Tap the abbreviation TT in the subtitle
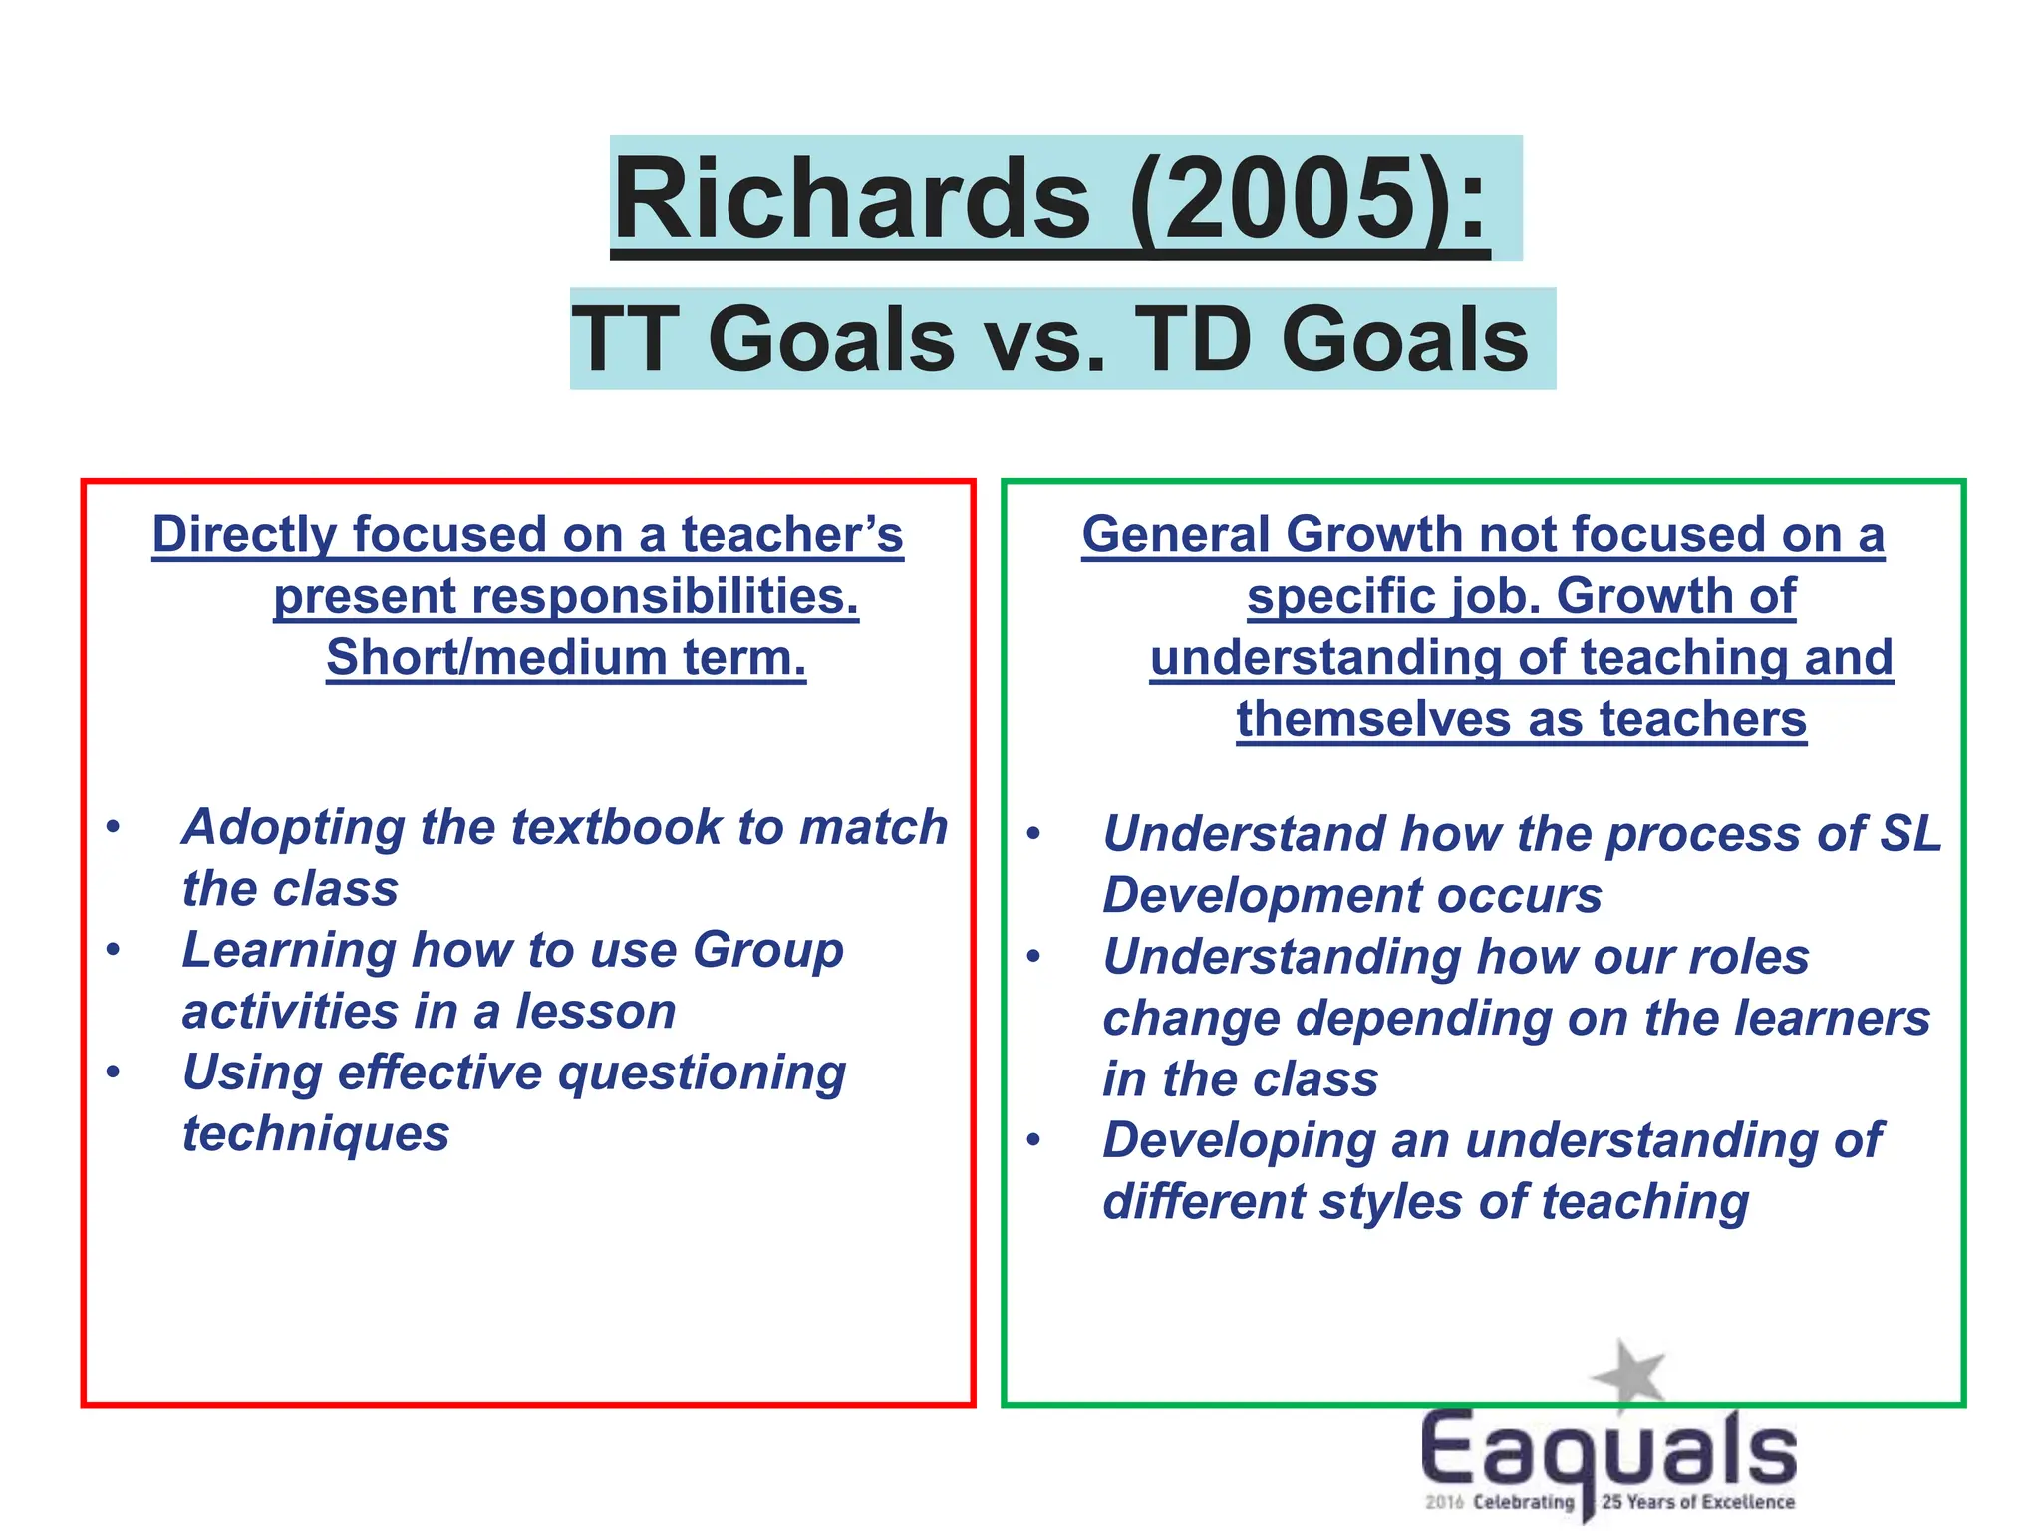tap(626, 339)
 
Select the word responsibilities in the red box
tap(658, 597)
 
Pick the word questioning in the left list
tap(702, 1074)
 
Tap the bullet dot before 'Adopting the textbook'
tap(114, 826)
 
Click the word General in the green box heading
tap(1176, 535)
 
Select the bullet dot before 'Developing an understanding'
tap(1034, 1139)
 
